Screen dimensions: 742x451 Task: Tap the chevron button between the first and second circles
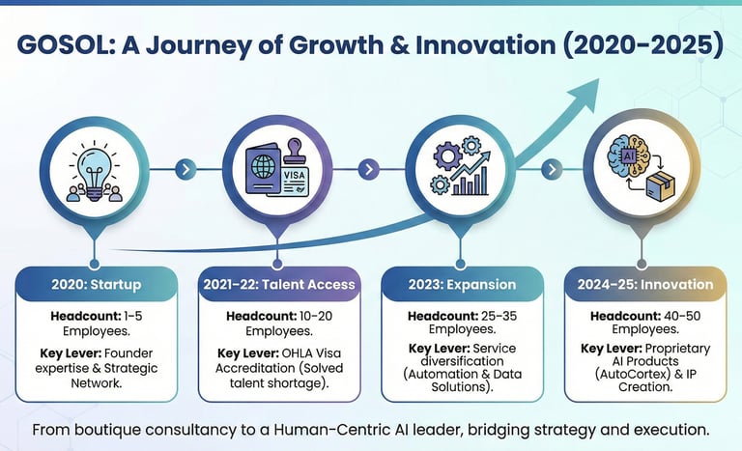pyautogui.click(x=184, y=169)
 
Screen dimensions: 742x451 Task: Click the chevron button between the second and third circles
pyautogui.click(x=367, y=169)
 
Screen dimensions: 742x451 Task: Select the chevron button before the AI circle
pyautogui.click(x=551, y=169)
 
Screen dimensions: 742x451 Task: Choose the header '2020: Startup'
pyautogui.click(x=96, y=285)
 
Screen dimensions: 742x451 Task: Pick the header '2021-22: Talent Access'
pyautogui.click(x=279, y=285)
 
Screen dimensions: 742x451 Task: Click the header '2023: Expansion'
pyautogui.click(x=462, y=285)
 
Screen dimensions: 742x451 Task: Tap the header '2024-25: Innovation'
pyautogui.click(x=645, y=285)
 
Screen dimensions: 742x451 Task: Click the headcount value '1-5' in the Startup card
pyautogui.click(x=132, y=316)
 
